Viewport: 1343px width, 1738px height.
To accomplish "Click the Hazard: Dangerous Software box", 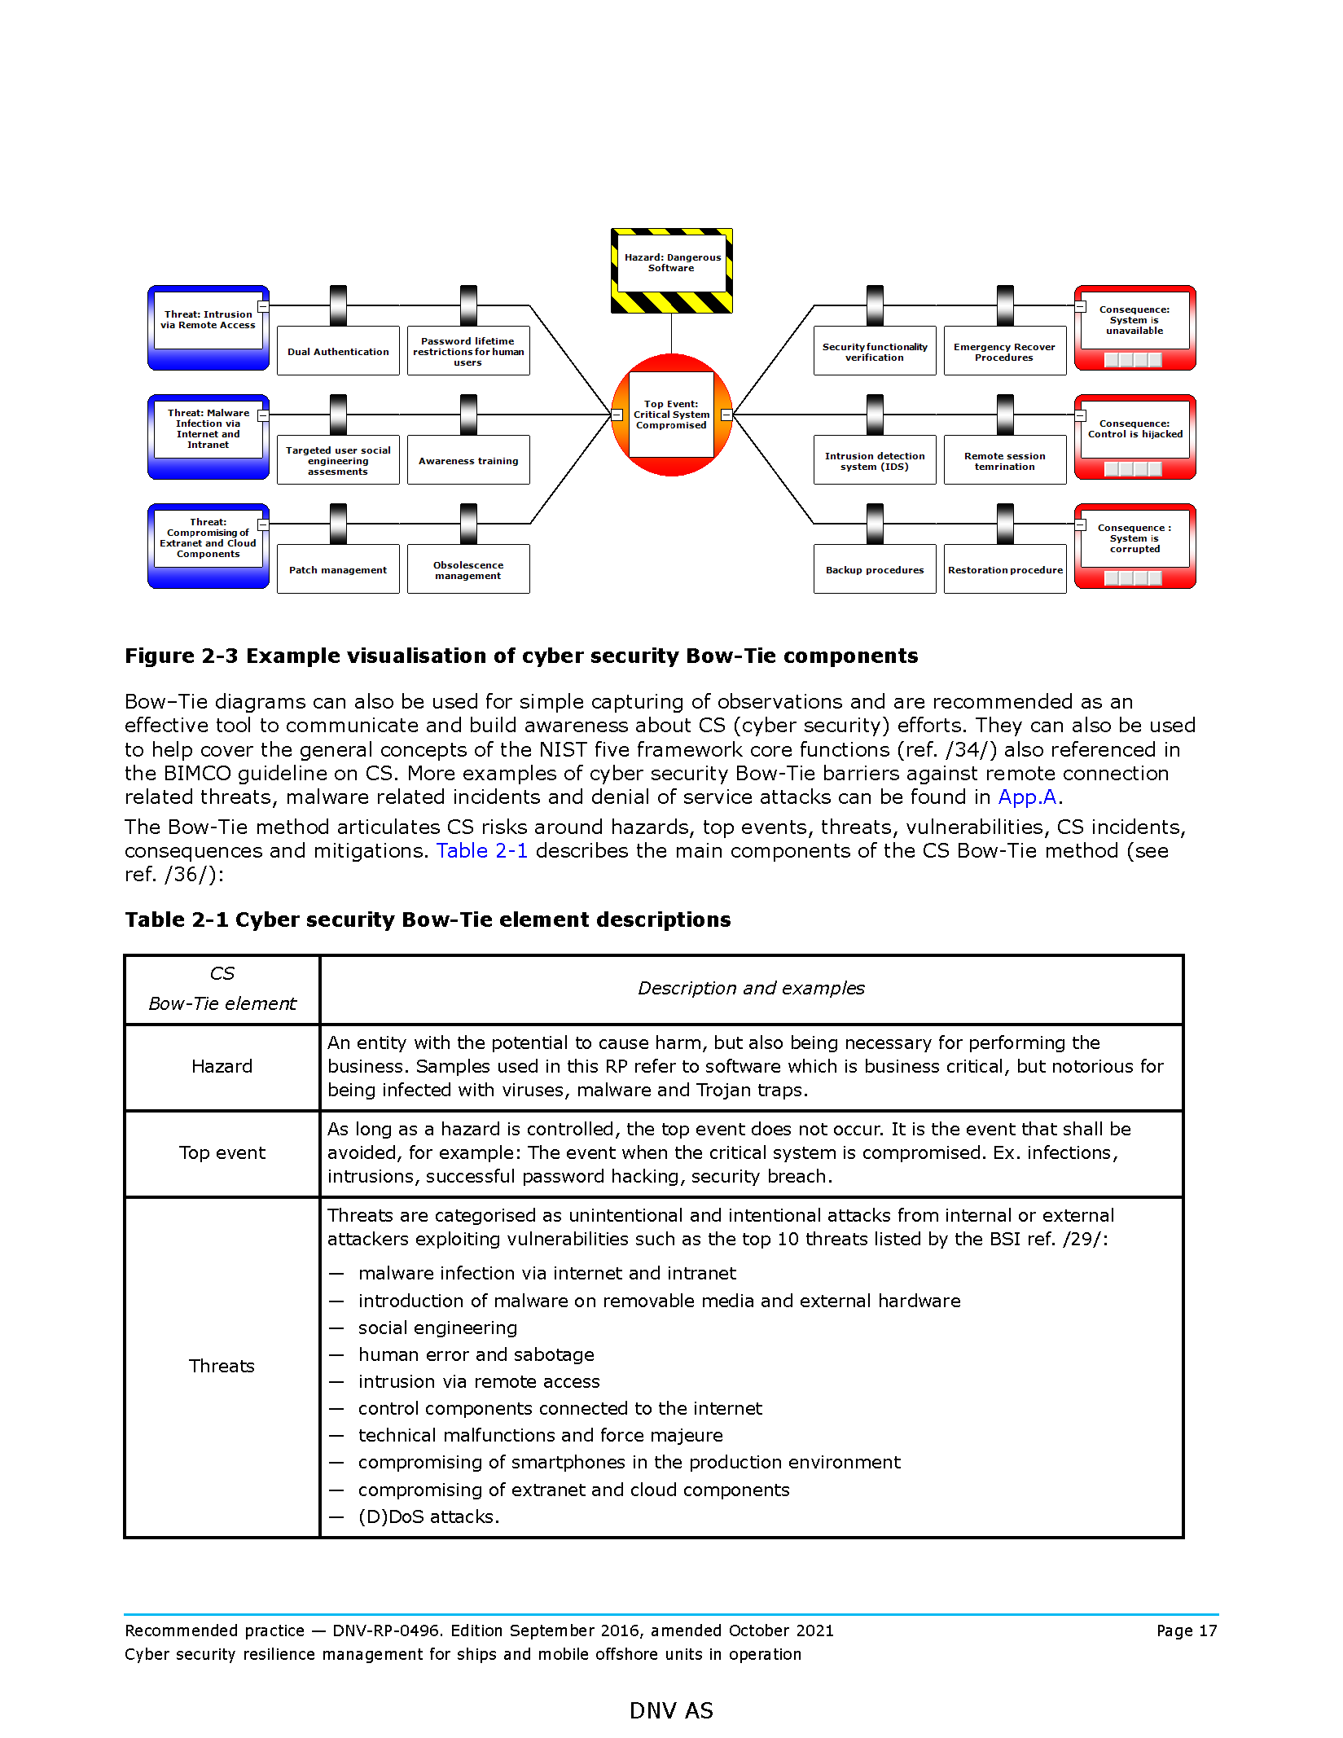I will (671, 263).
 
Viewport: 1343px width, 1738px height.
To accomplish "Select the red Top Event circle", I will (671, 415).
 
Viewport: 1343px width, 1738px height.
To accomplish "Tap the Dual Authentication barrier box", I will (338, 352).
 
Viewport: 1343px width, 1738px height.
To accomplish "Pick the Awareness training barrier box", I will (468, 461).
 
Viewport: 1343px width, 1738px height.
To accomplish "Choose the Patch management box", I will (338, 570).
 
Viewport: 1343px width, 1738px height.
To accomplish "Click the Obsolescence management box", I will (468, 570).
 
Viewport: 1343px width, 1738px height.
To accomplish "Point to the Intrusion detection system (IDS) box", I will (875, 461).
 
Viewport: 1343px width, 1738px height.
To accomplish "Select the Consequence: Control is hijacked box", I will (1135, 429).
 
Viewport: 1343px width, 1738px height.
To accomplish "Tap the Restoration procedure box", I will (1005, 570).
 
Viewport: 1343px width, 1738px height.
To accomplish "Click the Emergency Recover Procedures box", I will (1005, 352).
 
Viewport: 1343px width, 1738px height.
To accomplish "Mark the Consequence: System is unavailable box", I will (1135, 320).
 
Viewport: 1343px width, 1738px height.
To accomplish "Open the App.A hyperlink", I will (1027, 797).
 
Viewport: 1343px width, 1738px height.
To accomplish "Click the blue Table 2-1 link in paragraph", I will (481, 851).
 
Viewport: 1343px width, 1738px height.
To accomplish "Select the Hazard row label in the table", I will (222, 1067).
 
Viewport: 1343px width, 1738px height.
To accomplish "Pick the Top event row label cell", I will (222, 1153).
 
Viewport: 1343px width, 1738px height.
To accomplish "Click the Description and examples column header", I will (750, 989).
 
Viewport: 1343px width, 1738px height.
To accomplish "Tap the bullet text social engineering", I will (437, 1328).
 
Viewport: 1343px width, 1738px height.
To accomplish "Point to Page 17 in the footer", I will (1186, 1631).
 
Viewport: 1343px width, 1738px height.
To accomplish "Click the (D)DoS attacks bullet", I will (428, 1517).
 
